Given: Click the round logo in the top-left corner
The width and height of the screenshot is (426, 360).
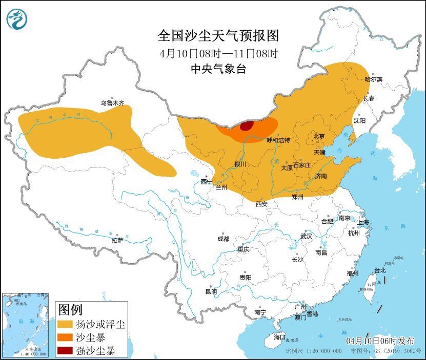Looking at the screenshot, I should click(x=16, y=19).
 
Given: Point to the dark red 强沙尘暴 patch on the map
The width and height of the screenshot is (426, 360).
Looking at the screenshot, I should click(x=247, y=125).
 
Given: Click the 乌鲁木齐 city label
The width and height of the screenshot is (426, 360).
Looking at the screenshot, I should click(x=112, y=103).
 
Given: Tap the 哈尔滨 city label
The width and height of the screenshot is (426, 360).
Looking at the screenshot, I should click(x=374, y=79).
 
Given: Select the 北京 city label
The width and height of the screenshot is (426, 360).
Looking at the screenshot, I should click(x=319, y=136).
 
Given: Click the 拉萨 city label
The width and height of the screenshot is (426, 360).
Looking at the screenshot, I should click(x=117, y=240).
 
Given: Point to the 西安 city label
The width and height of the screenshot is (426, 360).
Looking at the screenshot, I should click(x=261, y=204).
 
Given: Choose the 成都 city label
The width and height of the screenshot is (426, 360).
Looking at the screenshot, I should click(x=223, y=239).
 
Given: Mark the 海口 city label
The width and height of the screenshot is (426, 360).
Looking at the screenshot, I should click(x=279, y=337).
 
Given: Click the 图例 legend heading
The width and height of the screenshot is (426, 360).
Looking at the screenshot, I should click(x=70, y=310).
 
